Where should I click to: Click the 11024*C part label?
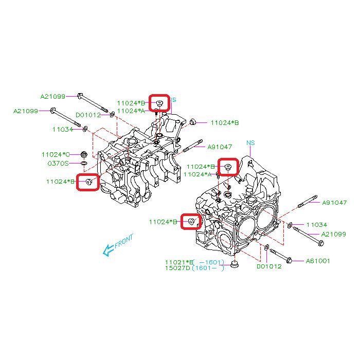tap(56, 154)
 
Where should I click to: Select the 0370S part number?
tap(58, 164)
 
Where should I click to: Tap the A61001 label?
tap(318, 261)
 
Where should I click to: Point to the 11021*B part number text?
tap(179, 261)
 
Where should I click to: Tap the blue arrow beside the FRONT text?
tap(108, 250)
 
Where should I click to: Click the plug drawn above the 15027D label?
tap(236, 265)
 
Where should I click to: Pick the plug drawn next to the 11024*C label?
tap(83, 154)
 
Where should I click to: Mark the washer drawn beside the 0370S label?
tap(84, 164)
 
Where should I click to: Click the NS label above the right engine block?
tap(250, 142)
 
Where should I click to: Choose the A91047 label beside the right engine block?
tap(335, 202)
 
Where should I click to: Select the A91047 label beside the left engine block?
tap(220, 147)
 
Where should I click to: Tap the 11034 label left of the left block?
tap(63, 129)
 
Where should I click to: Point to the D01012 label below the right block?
tap(268, 266)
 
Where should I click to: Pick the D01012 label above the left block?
tap(88, 115)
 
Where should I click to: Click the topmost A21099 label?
tap(53, 96)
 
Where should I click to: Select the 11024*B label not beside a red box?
tap(224, 122)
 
